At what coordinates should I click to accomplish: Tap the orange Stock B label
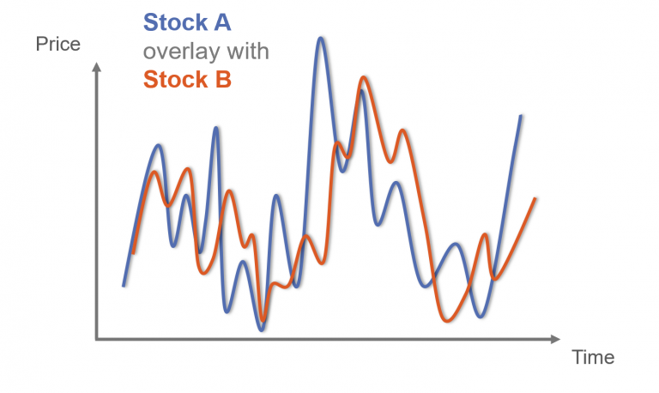coord(187,81)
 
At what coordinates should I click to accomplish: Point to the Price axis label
coord(57,44)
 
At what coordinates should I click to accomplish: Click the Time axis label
coord(593,357)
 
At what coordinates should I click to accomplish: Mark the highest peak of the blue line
coord(321,39)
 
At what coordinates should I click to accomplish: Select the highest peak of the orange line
coord(365,78)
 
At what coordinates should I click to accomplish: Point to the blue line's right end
coord(521,115)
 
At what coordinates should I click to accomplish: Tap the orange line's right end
coord(535,199)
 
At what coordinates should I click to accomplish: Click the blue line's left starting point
coord(124,285)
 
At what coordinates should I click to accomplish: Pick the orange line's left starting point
coord(134,253)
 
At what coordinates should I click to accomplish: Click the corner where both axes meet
coord(97,339)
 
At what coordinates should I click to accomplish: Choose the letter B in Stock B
coord(223,81)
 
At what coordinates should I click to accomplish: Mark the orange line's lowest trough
coord(447,321)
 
